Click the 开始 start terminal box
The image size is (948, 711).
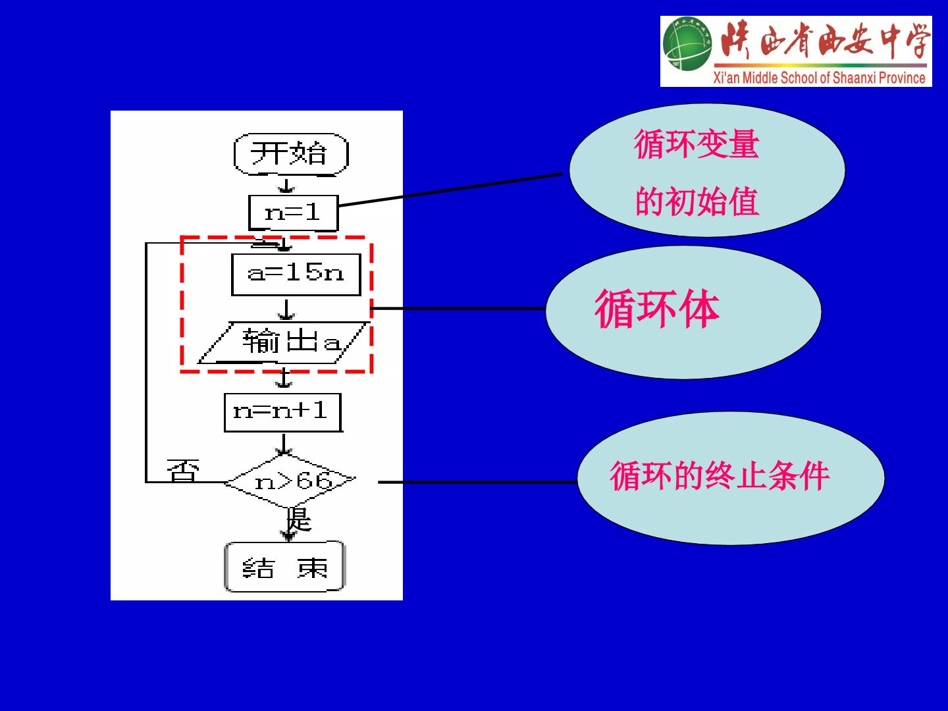[x=291, y=154]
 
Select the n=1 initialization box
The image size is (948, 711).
[x=293, y=213]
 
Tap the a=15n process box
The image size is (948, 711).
[x=296, y=275]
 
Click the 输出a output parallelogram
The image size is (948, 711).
[x=284, y=342]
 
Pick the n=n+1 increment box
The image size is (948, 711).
[x=283, y=412]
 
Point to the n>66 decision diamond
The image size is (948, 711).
[x=290, y=481]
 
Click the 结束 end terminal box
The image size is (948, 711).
[x=284, y=566]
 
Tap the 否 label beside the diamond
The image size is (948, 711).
[x=183, y=471]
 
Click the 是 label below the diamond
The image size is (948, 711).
[x=299, y=519]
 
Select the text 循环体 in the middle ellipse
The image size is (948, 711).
[x=657, y=309]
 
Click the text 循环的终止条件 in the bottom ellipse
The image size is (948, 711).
[x=720, y=476]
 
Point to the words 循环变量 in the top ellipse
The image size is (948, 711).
[x=697, y=145]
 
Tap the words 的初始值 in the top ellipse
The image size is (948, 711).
[x=697, y=201]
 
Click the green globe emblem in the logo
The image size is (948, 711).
[x=687, y=43]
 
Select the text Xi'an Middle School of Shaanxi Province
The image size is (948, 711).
[x=820, y=78]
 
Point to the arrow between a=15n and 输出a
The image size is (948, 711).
[x=286, y=309]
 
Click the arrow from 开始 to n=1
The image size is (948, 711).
[x=286, y=185]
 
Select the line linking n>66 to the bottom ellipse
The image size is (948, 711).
[x=478, y=482]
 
